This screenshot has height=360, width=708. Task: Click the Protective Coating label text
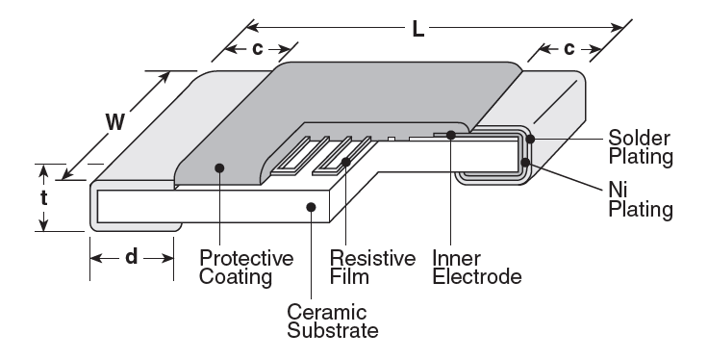coord(245,269)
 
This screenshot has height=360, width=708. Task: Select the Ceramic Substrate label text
coord(332,321)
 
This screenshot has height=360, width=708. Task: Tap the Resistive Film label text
coord(371,269)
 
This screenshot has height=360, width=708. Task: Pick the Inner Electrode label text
coord(476,269)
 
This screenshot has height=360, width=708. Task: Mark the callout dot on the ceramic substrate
coord(310,205)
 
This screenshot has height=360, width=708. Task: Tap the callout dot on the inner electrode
coord(449,135)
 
